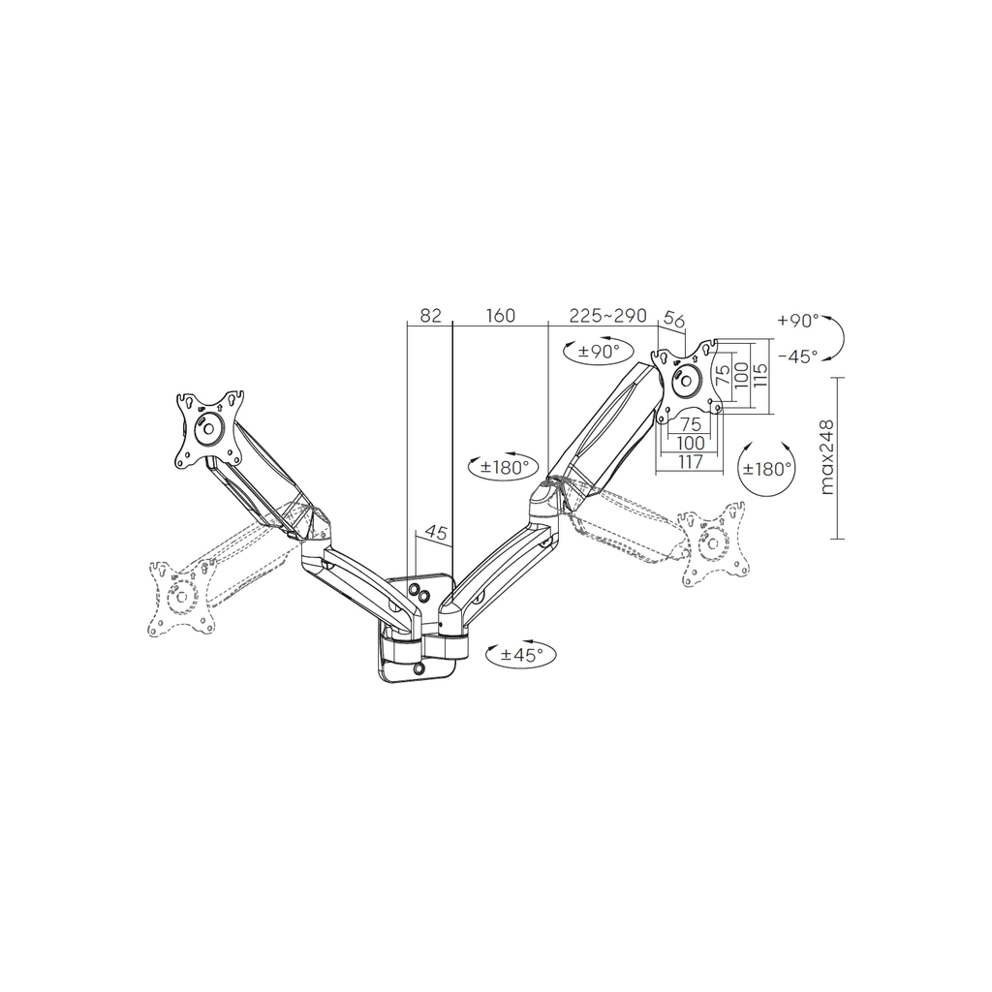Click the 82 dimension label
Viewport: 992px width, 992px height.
(x=430, y=315)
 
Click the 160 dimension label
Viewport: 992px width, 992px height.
(x=501, y=315)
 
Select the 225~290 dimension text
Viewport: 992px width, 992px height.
(x=607, y=315)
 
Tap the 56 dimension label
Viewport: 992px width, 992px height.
(x=674, y=320)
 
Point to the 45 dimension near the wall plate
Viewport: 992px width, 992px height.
(x=435, y=533)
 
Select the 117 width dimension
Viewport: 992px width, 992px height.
(x=690, y=462)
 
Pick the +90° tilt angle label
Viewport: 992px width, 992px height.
(x=798, y=320)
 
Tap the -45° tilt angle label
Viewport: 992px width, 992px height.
(x=798, y=356)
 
